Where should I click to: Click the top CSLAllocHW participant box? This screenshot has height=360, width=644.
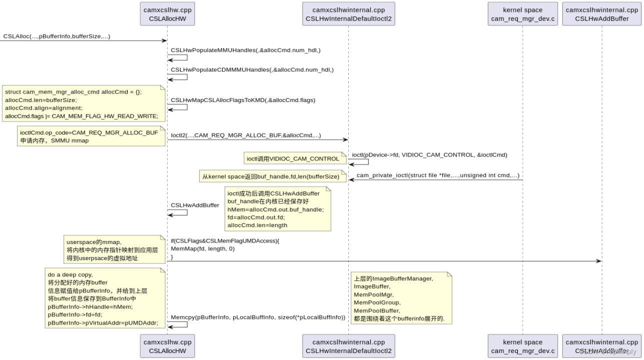167,14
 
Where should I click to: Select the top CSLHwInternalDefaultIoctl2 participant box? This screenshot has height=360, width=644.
348,14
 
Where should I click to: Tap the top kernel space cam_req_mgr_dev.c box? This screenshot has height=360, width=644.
522,14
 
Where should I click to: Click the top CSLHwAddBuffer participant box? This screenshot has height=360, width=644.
602,14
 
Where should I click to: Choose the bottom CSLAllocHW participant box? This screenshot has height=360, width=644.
167,346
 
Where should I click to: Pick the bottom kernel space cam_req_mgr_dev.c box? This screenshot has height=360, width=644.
522,346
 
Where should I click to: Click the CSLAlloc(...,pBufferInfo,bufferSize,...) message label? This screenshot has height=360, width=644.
57,36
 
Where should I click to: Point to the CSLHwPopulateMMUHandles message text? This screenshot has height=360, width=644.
246,50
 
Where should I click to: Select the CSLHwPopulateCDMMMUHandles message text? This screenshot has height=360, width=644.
252,69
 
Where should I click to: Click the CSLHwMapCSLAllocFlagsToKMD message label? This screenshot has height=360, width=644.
243,100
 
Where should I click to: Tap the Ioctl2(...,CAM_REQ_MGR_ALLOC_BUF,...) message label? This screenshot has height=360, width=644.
246,135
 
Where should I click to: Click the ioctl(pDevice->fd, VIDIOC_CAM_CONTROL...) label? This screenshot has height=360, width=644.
429,155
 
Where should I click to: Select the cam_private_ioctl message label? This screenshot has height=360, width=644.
438,175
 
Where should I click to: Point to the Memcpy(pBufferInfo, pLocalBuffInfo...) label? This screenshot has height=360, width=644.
258,317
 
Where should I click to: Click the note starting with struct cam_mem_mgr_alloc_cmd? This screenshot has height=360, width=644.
84,104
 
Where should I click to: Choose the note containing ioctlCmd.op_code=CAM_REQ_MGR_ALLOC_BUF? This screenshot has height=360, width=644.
90,136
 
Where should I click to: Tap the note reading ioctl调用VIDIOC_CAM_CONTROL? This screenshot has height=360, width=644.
293,159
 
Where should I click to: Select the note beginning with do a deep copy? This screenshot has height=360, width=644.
104,298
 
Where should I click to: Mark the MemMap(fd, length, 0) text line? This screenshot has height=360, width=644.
203,248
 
